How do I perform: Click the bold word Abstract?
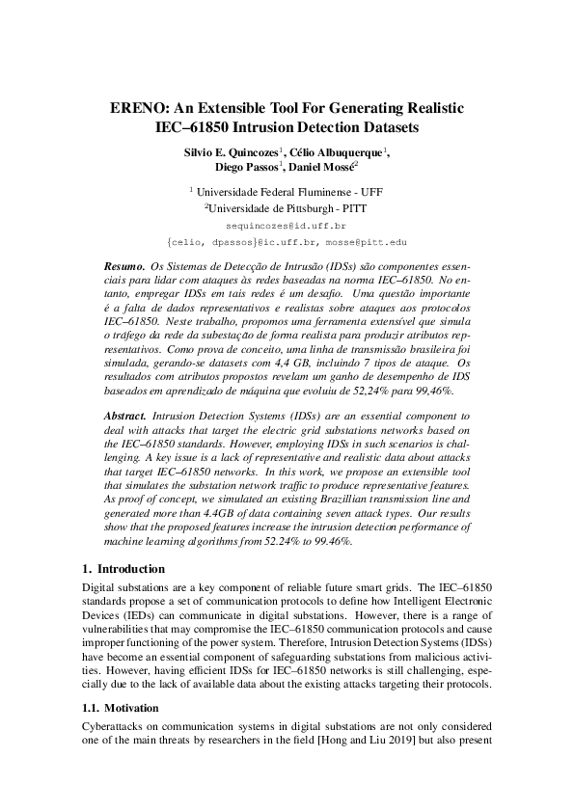click(124, 413)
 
